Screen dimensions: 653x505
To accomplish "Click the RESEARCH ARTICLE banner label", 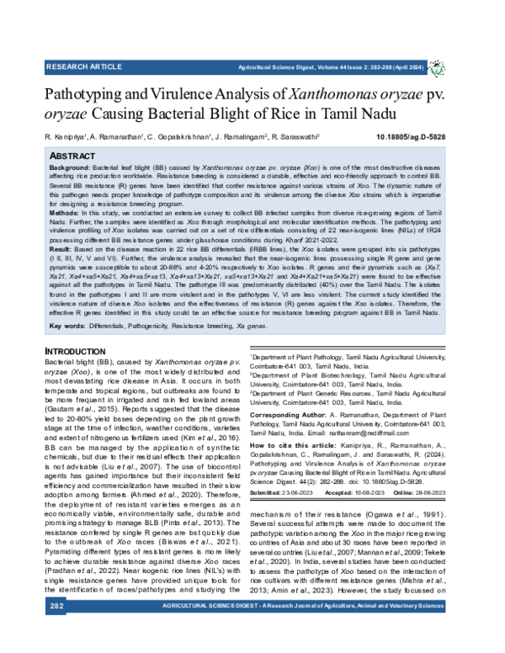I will point(84,64).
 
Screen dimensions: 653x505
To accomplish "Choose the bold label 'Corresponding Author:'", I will point(291,415).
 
